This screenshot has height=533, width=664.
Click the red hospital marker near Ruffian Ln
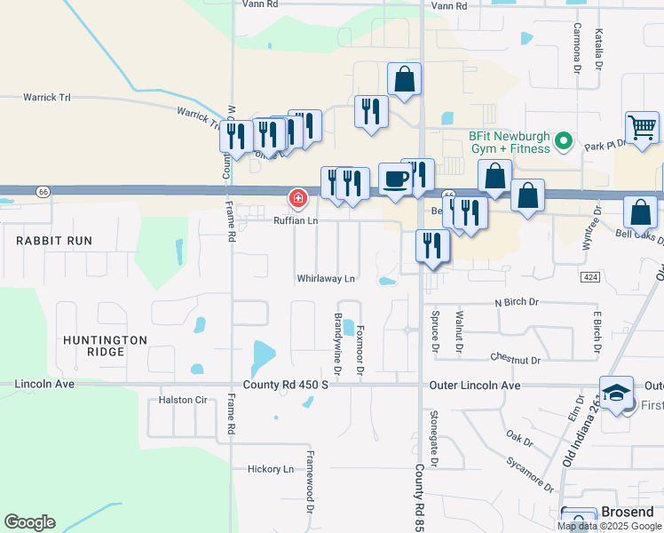click(x=298, y=196)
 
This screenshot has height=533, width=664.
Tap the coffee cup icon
click(x=395, y=178)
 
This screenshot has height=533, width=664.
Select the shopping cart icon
click(x=642, y=127)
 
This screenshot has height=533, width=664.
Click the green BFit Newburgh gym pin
click(x=561, y=141)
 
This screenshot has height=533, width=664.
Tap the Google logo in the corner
click(x=29, y=522)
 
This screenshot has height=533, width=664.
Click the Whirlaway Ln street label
click(x=326, y=278)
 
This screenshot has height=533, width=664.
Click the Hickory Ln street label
click(x=270, y=468)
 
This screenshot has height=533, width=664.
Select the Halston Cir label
click(x=182, y=400)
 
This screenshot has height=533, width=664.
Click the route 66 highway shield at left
click(x=43, y=191)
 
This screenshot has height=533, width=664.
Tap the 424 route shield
click(x=590, y=277)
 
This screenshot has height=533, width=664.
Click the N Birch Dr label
click(x=516, y=303)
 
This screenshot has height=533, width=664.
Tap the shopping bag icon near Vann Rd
click(x=404, y=80)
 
